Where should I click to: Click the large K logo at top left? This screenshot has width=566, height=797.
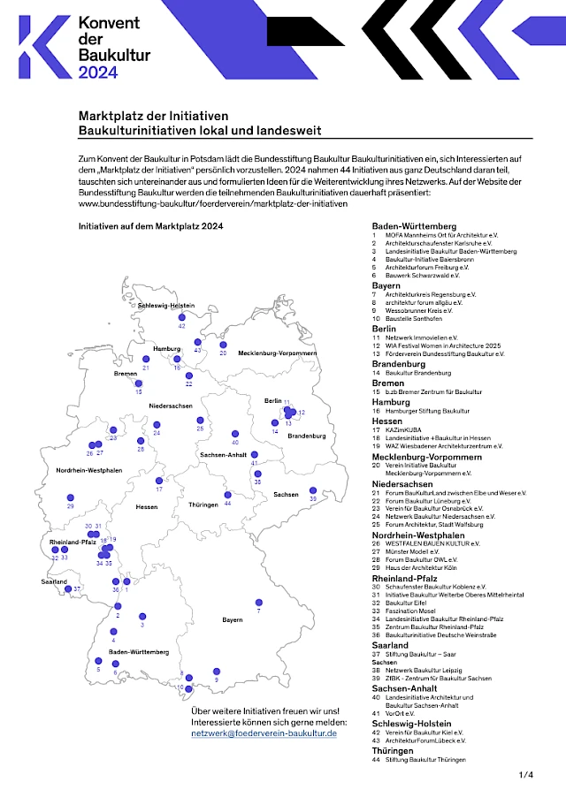tap(42, 47)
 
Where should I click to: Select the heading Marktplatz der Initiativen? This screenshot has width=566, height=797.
tap(154, 117)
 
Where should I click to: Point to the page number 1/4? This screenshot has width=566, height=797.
tap(526, 775)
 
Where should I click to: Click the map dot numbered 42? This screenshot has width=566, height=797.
tap(181, 316)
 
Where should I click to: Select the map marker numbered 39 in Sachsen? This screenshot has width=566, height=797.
tap(312, 490)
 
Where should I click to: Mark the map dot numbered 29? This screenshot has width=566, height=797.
tap(71, 497)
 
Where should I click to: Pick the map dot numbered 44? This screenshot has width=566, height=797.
tap(227, 494)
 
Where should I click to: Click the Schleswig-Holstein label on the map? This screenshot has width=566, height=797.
tap(166, 305)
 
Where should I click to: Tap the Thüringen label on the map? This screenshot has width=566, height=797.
tap(203, 505)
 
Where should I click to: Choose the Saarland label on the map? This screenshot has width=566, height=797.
tap(54, 582)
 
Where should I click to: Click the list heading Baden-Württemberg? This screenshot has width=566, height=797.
tap(414, 226)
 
